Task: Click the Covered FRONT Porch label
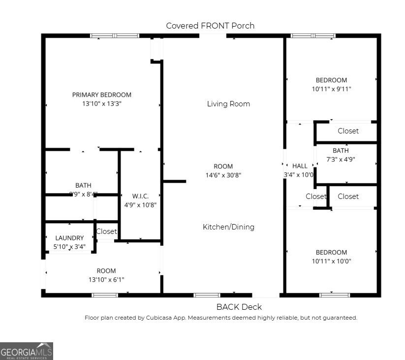[x=210, y=26]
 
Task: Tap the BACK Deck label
[x=239, y=307]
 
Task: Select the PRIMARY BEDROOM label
[x=102, y=95]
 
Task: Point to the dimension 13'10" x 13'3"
[x=102, y=104]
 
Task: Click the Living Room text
[x=228, y=104]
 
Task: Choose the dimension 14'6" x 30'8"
[x=223, y=175]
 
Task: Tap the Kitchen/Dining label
[x=228, y=227]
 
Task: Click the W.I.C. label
[x=140, y=196]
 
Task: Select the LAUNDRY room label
[x=69, y=238]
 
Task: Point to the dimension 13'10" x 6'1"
[x=106, y=280]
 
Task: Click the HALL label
[x=300, y=166]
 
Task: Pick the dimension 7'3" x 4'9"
[x=341, y=160]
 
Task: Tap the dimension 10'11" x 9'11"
[x=331, y=89]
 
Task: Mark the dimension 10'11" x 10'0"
[x=331, y=262]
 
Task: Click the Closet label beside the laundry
[x=106, y=231]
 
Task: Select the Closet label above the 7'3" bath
[x=348, y=131]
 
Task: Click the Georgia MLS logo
[x=27, y=351]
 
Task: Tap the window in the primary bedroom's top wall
[x=115, y=36]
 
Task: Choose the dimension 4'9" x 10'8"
[x=140, y=205]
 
